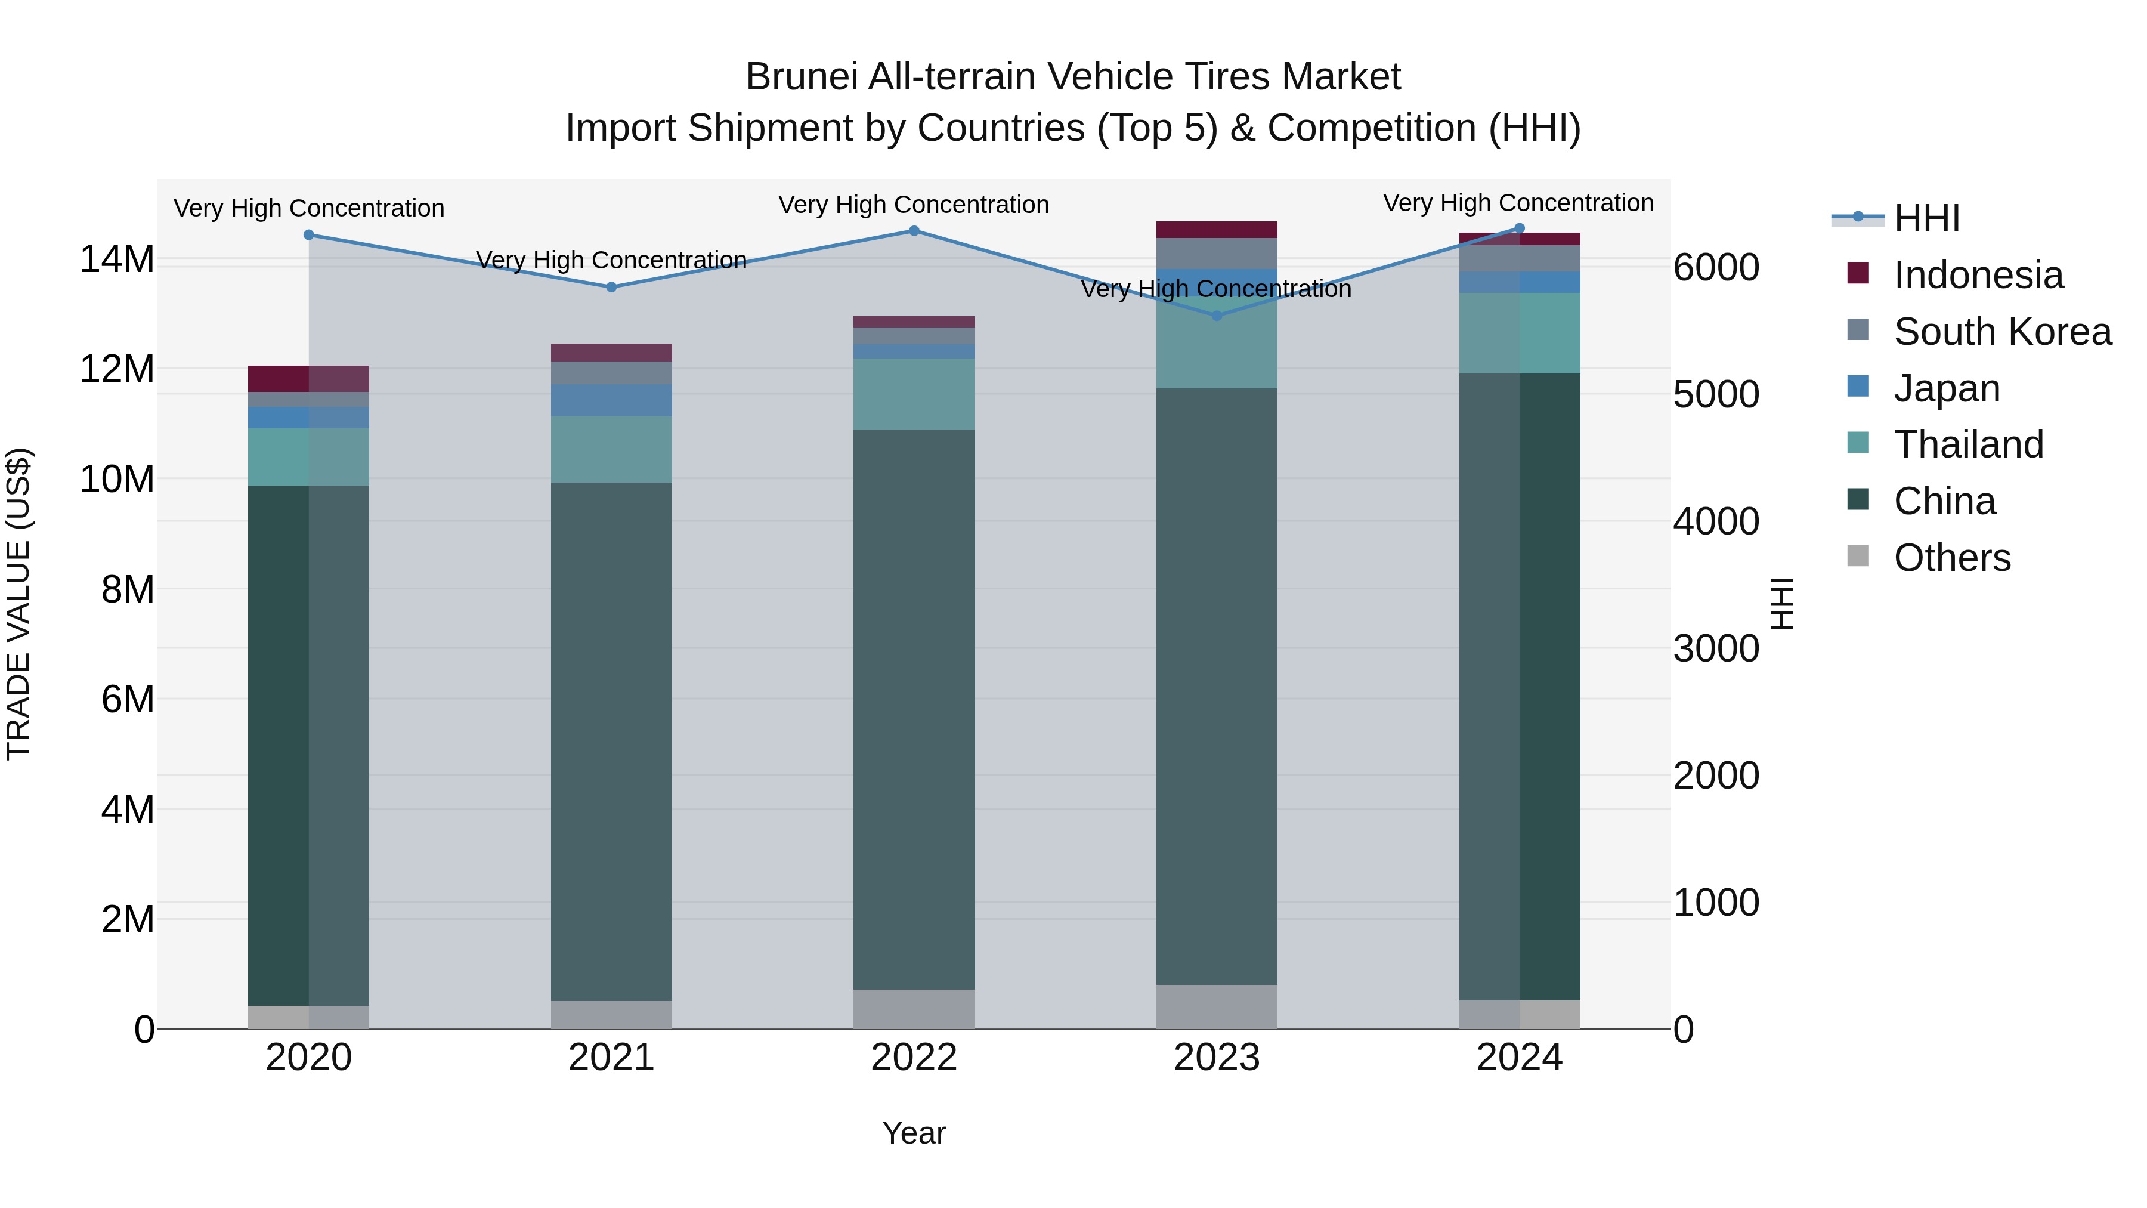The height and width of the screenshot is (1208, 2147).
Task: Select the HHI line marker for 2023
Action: (1216, 316)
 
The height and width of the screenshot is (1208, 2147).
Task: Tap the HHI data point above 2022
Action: (914, 231)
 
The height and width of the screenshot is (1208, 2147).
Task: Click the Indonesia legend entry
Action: (1977, 275)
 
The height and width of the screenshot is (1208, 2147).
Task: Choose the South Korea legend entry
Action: (2001, 332)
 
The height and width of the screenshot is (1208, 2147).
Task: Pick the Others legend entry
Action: (1951, 558)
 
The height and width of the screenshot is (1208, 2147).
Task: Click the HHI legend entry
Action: (1926, 218)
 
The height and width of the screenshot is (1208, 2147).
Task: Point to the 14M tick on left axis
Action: (117, 259)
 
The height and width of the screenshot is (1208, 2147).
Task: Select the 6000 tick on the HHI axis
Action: (1715, 268)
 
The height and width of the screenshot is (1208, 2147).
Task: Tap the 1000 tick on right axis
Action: (1715, 903)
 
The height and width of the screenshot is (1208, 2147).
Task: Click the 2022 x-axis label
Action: (914, 1058)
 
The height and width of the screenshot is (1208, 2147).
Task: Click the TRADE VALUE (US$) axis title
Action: (19, 604)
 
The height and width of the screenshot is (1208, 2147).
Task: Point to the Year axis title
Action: (914, 1133)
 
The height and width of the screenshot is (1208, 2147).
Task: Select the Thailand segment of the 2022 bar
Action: (914, 394)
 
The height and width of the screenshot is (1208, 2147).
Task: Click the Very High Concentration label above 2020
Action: (308, 208)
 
